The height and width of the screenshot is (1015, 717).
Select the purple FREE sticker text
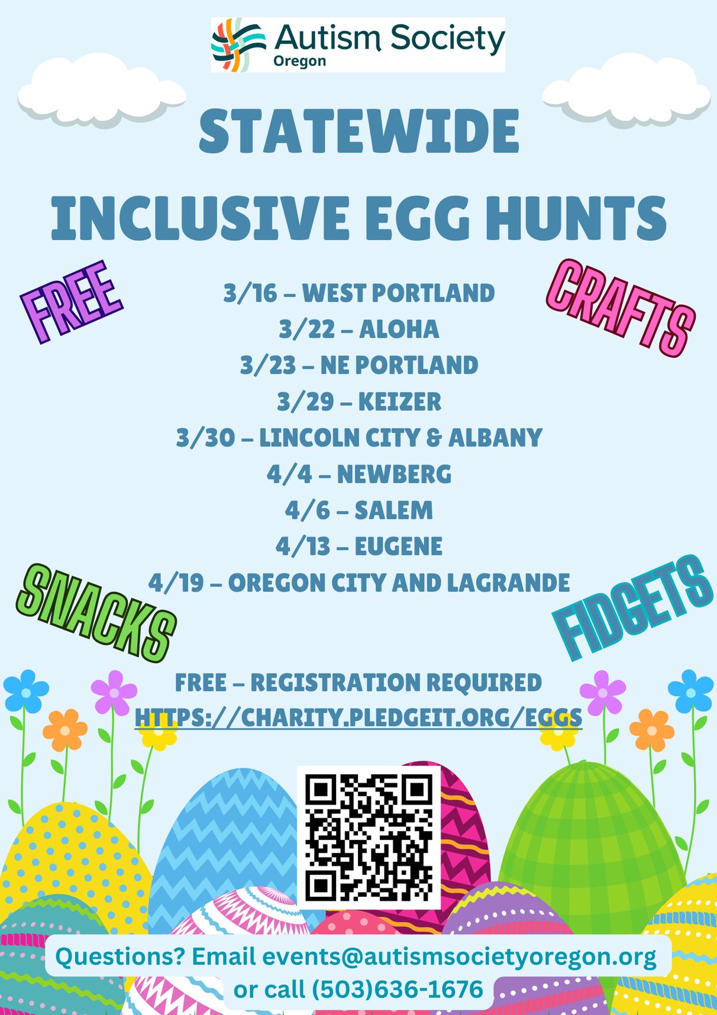(x=71, y=302)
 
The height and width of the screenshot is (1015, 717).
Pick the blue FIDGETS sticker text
(x=632, y=609)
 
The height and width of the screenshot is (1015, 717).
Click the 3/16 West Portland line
(x=358, y=293)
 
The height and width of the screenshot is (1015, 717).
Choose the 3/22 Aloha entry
(x=358, y=329)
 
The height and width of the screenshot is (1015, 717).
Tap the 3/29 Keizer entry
(x=358, y=402)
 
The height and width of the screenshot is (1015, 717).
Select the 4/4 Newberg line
(x=358, y=474)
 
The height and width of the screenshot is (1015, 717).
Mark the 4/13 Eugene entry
(x=358, y=546)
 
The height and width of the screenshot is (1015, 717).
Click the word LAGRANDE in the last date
(x=508, y=582)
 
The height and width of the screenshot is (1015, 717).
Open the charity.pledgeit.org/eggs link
(x=358, y=717)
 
